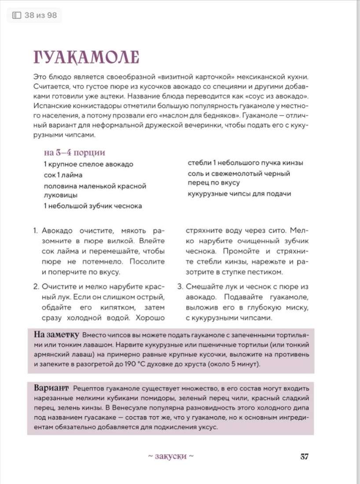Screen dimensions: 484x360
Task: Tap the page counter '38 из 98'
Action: click(35, 16)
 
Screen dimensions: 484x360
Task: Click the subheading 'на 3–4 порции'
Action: click(74, 153)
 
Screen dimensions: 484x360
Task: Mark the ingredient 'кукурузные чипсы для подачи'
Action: click(239, 194)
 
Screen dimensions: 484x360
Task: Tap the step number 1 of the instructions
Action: click(36, 231)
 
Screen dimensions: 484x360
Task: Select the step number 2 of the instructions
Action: click(36, 287)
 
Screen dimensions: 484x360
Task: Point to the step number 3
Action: click(180, 287)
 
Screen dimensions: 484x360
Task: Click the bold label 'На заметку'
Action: click(56, 334)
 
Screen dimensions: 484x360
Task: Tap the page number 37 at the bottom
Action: click(305, 456)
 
